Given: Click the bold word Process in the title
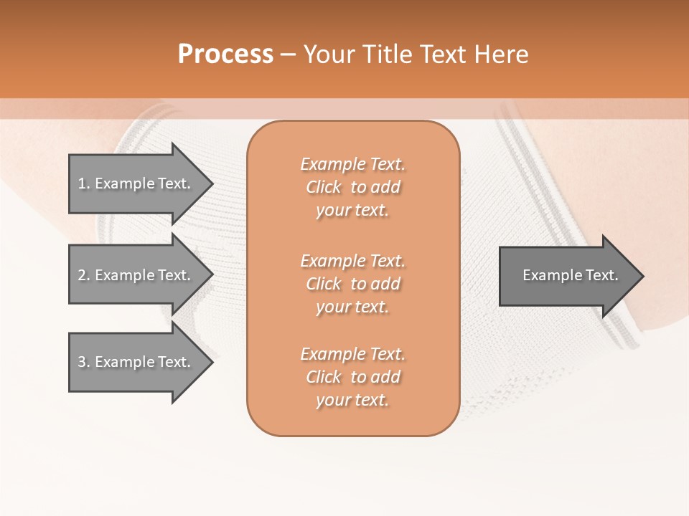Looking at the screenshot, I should click(x=225, y=54).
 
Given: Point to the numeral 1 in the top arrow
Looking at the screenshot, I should click(x=82, y=183).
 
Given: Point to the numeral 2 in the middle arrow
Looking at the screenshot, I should click(x=82, y=275).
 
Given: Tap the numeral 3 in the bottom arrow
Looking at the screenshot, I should click(x=82, y=362).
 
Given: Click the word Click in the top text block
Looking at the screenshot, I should click(x=324, y=187).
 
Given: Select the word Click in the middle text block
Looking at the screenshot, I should click(x=324, y=284).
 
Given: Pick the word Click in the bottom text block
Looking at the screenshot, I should click(x=324, y=377).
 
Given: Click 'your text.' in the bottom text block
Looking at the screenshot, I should click(x=352, y=401).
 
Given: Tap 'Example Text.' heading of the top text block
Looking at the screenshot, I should click(x=352, y=164).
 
